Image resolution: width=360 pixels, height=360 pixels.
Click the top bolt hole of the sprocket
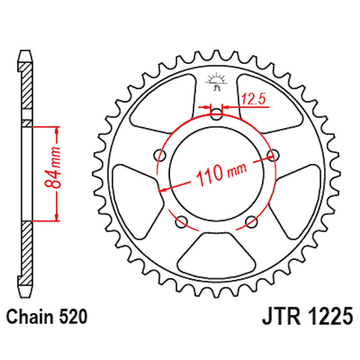click(217, 114)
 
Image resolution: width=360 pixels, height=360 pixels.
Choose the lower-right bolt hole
click(251, 220)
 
